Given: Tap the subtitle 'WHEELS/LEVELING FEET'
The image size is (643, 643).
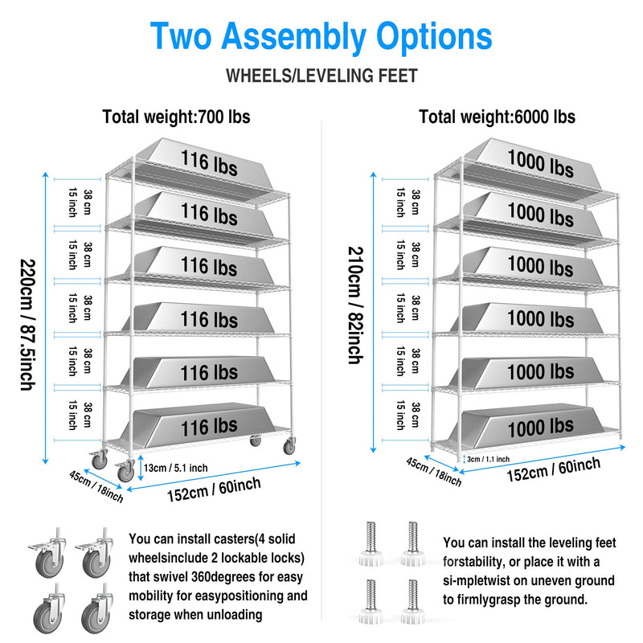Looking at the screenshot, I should (321, 76).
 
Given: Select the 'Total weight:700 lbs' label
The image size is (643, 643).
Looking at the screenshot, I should (176, 117).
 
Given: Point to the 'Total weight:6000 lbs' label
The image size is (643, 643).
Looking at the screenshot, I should (497, 117).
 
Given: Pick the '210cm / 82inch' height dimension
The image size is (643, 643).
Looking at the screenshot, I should (354, 305).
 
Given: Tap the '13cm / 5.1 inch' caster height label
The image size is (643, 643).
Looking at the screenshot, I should (174, 469).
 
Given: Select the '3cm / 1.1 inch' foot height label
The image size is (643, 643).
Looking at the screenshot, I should (489, 459).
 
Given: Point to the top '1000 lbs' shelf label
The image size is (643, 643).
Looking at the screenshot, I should (539, 164).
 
